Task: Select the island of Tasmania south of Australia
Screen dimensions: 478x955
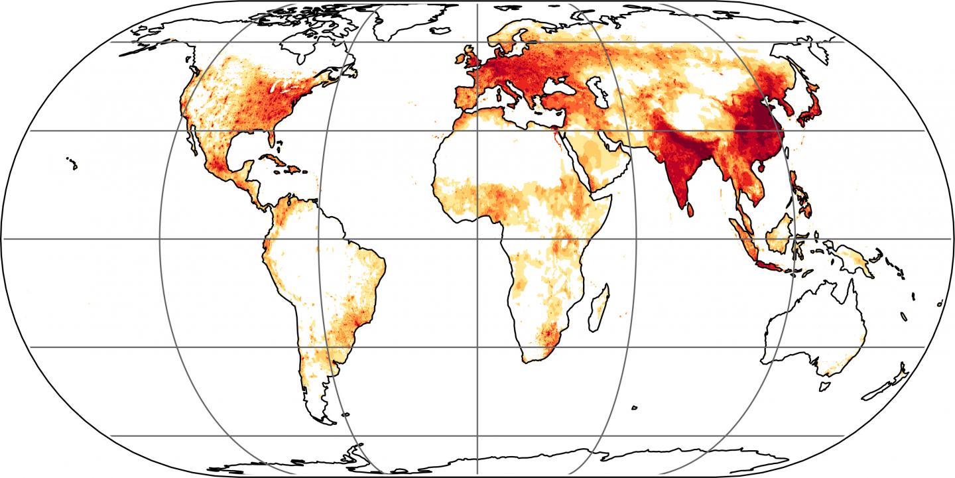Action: pyautogui.click(x=826, y=385)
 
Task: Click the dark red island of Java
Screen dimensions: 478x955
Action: pyautogui.click(x=769, y=266)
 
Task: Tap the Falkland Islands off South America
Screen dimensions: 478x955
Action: pyautogui.click(x=345, y=416)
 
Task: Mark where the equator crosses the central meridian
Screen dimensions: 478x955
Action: pyautogui.click(x=477, y=239)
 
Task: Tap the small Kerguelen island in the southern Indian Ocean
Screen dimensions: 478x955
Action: pyautogui.click(x=635, y=406)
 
